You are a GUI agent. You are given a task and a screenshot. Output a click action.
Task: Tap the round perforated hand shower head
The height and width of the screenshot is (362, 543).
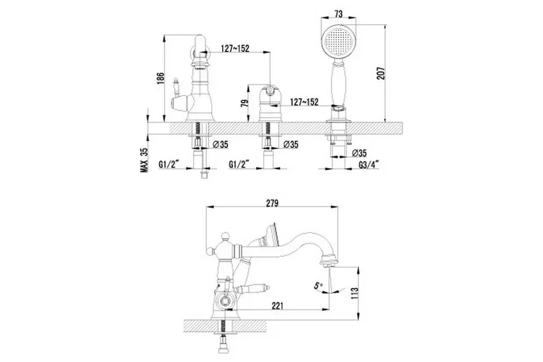(x=338, y=42)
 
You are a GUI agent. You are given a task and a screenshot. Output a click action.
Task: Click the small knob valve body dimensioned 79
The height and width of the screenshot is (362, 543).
(x=270, y=106)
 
